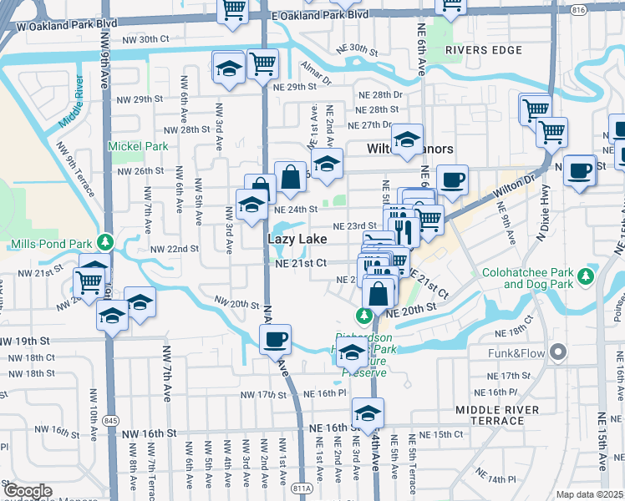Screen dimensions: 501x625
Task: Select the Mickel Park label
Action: pyautogui.click(x=138, y=146)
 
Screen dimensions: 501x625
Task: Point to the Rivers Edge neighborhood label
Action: pyautogui.click(x=477, y=50)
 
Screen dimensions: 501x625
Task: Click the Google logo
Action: pyautogui.click(x=28, y=491)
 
